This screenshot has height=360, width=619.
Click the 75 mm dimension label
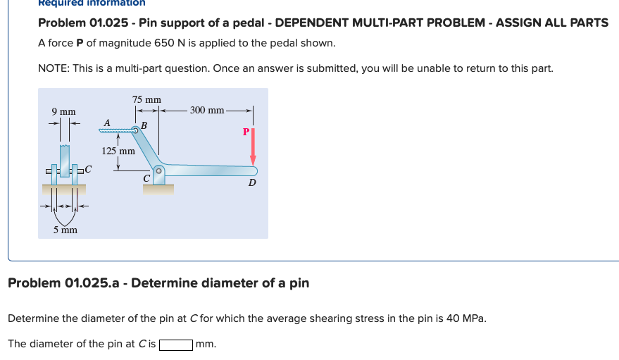click(x=146, y=99)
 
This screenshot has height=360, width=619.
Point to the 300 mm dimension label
click(x=207, y=110)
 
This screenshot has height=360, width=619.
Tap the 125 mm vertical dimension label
click(x=118, y=151)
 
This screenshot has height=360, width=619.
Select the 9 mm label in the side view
click(x=63, y=111)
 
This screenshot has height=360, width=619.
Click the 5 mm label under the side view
click(x=64, y=230)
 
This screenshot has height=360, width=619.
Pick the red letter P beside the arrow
click(x=245, y=132)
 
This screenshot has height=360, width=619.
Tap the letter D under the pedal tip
click(x=251, y=183)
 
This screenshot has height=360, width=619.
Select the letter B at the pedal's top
click(x=144, y=126)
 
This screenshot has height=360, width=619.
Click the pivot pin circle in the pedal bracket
click(x=159, y=170)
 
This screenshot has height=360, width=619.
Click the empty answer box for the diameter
click(x=176, y=345)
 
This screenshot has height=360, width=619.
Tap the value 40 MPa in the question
click(x=465, y=318)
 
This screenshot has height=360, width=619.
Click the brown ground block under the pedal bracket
click(x=158, y=189)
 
